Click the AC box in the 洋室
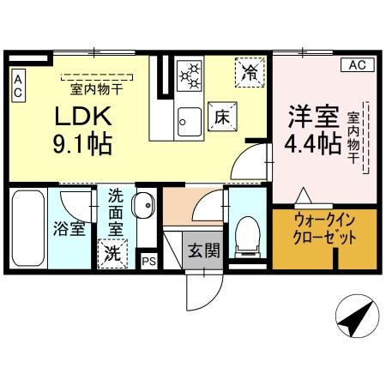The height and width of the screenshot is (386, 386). (359, 65)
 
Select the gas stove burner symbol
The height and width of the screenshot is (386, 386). (188, 74)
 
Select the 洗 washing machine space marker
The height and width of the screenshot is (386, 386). (112, 255)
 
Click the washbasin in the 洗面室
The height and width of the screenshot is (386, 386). (143, 206)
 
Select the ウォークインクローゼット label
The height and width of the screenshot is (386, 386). (324, 230)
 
